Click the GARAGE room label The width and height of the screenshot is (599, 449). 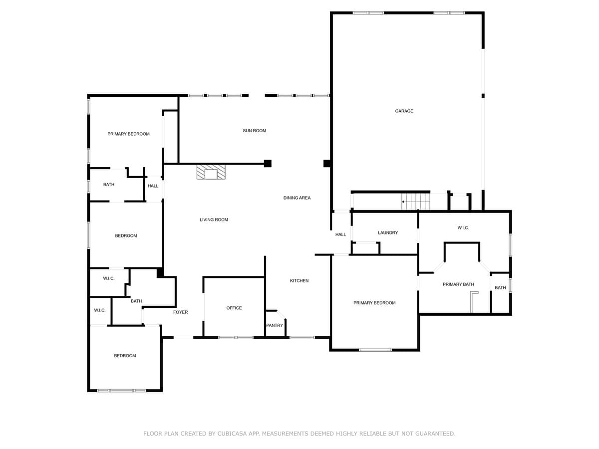tap(404, 111)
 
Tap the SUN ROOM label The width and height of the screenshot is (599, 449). tap(254, 131)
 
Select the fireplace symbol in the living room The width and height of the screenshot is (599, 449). tap(211, 172)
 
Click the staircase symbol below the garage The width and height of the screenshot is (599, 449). tap(416, 202)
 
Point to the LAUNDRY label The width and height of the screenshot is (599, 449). tap(387, 232)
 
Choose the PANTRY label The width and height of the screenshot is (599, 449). tap(275, 325)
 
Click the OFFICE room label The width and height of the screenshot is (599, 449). tap(234, 308)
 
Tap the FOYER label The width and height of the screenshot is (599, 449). tap(180, 312)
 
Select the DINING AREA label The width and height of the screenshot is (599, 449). tap(297, 198)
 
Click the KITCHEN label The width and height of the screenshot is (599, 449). tap(299, 281)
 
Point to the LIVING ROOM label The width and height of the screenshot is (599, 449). tap(214, 220)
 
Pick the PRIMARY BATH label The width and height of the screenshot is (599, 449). tap(458, 284)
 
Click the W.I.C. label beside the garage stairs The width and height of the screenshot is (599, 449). tap(463, 228)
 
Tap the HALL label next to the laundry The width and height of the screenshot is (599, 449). tap(340, 234)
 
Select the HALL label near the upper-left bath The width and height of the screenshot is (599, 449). tap(153, 186)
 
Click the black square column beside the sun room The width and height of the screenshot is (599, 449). tap(268, 163)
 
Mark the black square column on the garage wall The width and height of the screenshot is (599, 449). tap(327, 163)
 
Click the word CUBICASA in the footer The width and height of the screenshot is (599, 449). tap(234, 434)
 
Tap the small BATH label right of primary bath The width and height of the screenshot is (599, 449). tap(500, 288)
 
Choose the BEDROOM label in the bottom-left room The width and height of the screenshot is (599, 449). tap(125, 356)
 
